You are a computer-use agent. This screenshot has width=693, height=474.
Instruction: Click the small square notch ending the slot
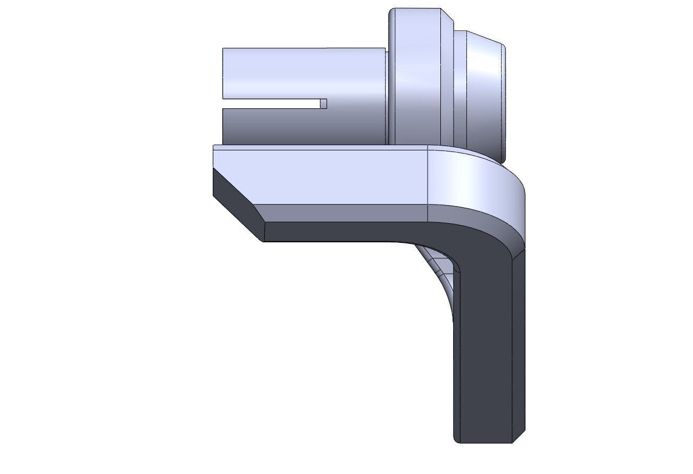pos(323,104)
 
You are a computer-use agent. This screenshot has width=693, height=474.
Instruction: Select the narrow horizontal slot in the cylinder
pos(271,104)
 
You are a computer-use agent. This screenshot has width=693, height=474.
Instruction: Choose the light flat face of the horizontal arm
pos(319,175)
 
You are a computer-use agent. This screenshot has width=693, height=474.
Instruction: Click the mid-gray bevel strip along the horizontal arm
pos(346,213)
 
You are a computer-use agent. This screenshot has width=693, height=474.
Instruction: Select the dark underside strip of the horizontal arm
pos(346,232)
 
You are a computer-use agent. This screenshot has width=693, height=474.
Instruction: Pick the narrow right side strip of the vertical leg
pos(519,345)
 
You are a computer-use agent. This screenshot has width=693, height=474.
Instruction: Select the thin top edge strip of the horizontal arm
pos(319,148)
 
